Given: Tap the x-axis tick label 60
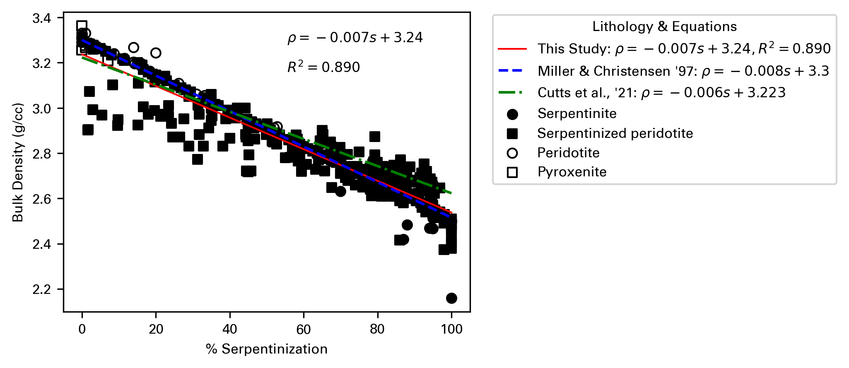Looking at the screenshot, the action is point(304,330).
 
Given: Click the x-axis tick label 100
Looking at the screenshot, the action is point(451,330).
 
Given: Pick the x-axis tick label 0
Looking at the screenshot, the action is point(82,330).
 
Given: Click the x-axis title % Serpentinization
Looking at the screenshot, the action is point(267,349).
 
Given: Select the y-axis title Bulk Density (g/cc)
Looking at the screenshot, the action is point(18,162).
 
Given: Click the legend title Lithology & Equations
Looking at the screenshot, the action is point(664,27).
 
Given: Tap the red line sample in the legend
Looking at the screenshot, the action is point(512,49).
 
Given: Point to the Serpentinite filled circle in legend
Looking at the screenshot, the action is point(512,114).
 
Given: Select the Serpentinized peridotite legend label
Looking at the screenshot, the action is point(615,133).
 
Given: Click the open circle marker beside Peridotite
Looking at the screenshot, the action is point(512,153).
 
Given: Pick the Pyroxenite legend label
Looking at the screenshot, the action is point(572,172).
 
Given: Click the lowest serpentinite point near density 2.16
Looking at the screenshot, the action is point(451,298).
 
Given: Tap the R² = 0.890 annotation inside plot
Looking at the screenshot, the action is point(323,67).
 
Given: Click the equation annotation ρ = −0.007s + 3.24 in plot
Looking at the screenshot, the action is point(355,38).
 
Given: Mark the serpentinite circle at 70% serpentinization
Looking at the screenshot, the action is point(340,191).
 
